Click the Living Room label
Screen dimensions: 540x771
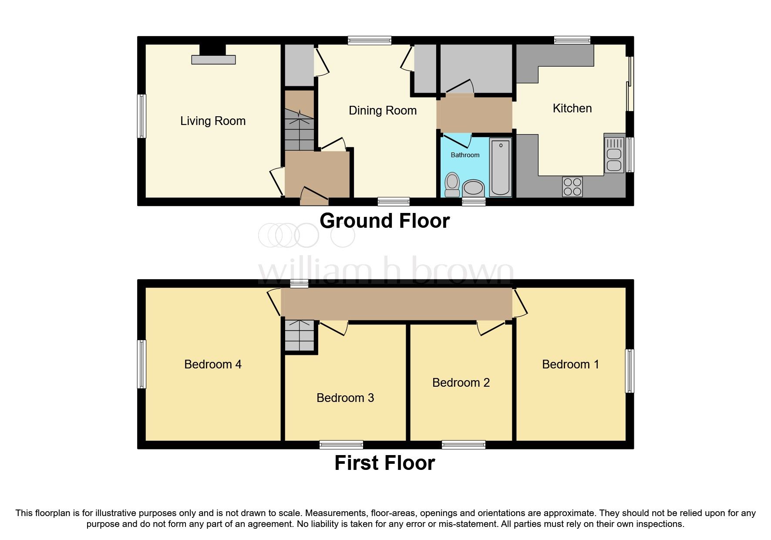tap(213, 121)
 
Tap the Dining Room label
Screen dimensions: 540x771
tap(383, 111)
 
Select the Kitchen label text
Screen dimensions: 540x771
tap(572, 108)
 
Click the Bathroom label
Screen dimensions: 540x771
tap(465, 155)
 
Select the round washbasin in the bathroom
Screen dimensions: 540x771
tap(473, 189)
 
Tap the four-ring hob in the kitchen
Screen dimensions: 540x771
tap(572, 186)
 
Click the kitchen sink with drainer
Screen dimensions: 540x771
tap(614, 155)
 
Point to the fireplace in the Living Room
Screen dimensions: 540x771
tap(213, 56)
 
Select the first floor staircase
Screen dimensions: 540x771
tap(300, 335)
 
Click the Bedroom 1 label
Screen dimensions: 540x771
tap(570, 364)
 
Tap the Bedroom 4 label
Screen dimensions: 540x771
tap(213, 364)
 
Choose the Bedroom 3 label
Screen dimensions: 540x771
tap(345, 398)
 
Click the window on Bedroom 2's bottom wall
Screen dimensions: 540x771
tap(463, 445)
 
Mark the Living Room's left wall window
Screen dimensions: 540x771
tap(141, 116)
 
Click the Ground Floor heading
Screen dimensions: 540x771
tap(384, 221)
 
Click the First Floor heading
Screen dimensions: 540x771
tap(384, 463)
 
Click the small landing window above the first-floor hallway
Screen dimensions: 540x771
tap(299, 283)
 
